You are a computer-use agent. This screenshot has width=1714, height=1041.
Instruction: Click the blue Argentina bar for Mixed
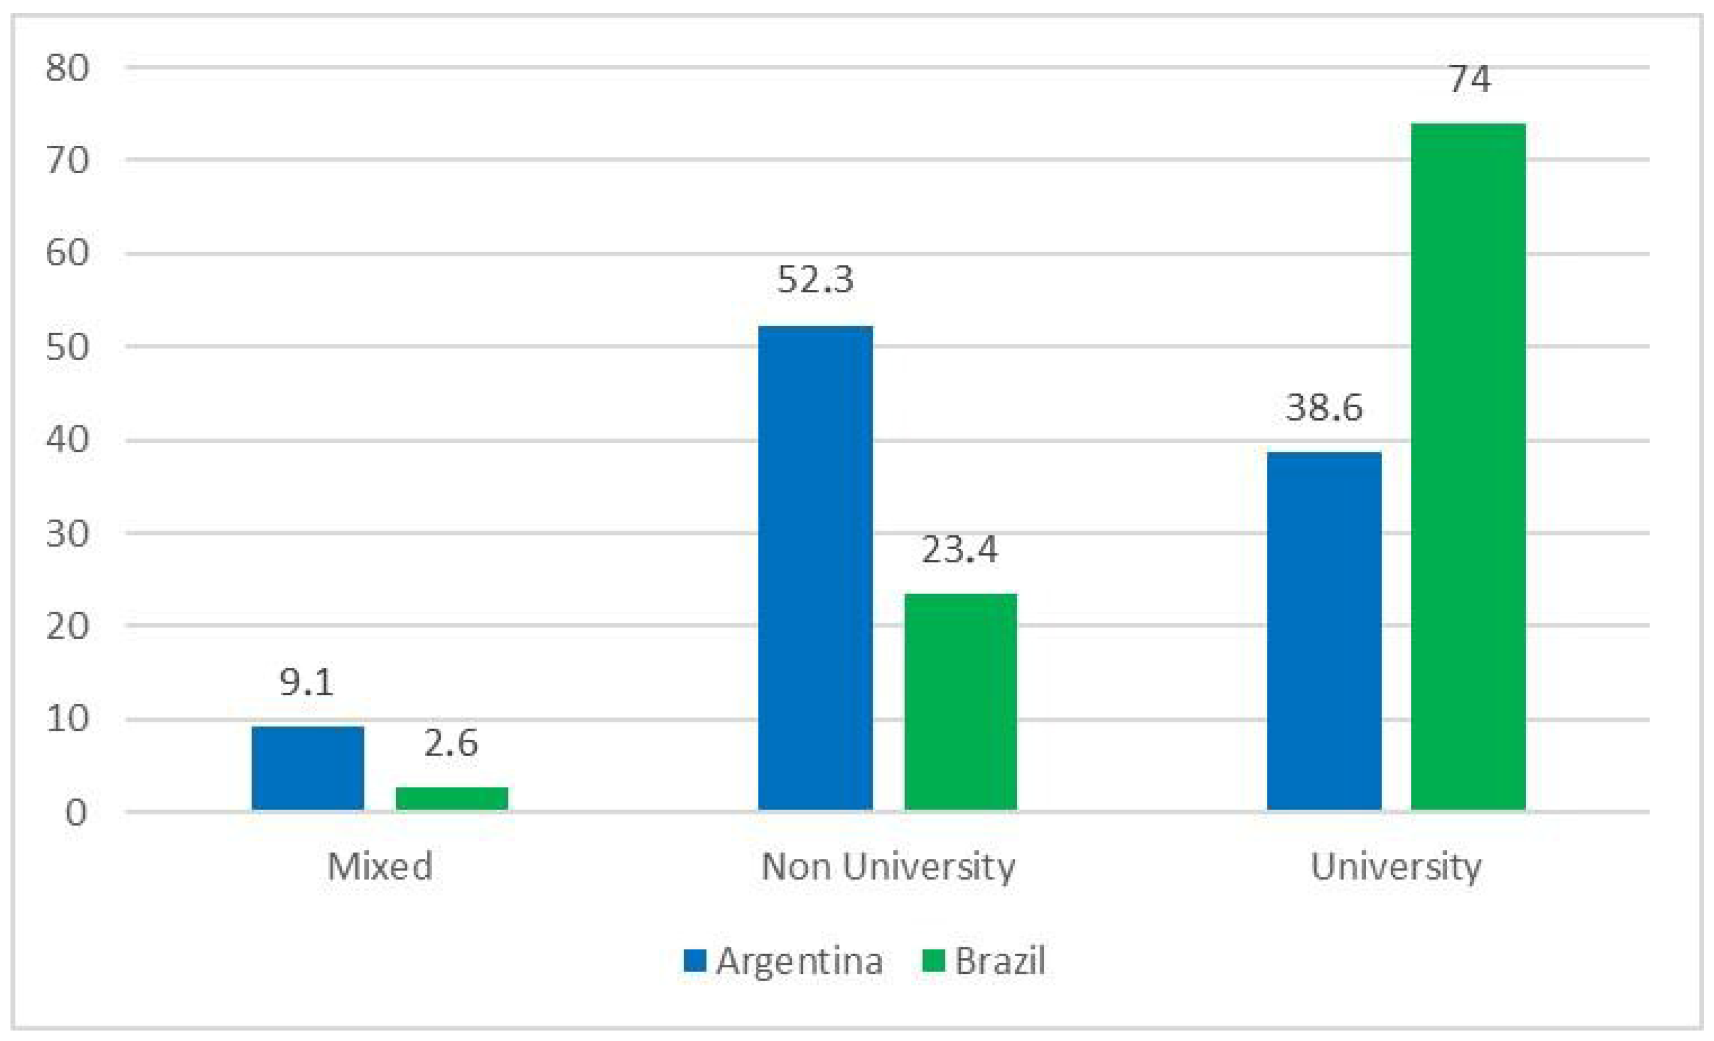tap(308, 768)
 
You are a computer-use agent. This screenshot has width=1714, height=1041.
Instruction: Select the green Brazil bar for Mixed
tap(452, 799)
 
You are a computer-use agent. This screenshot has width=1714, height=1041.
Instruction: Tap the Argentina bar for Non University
tap(815, 568)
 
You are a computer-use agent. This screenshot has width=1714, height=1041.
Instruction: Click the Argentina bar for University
tap(1324, 631)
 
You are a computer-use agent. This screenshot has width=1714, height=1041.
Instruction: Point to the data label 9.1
tap(307, 682)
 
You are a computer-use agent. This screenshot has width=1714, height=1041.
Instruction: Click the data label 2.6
tap(451, 743)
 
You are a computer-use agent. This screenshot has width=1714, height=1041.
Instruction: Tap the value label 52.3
tap(815, 279)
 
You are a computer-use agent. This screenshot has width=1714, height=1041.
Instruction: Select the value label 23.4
tap(960, 549)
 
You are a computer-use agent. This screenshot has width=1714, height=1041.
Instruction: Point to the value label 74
tap(1469, 79)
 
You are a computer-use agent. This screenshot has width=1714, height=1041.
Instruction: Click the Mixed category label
tap(380, 866)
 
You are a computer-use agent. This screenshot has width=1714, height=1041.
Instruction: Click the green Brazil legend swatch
tap(933, 961)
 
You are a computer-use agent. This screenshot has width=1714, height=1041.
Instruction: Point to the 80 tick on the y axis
tap(67, 68)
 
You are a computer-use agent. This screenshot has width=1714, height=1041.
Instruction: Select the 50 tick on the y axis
tap(67, 346)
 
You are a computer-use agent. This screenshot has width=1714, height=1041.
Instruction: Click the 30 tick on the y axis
tap(67, 533)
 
